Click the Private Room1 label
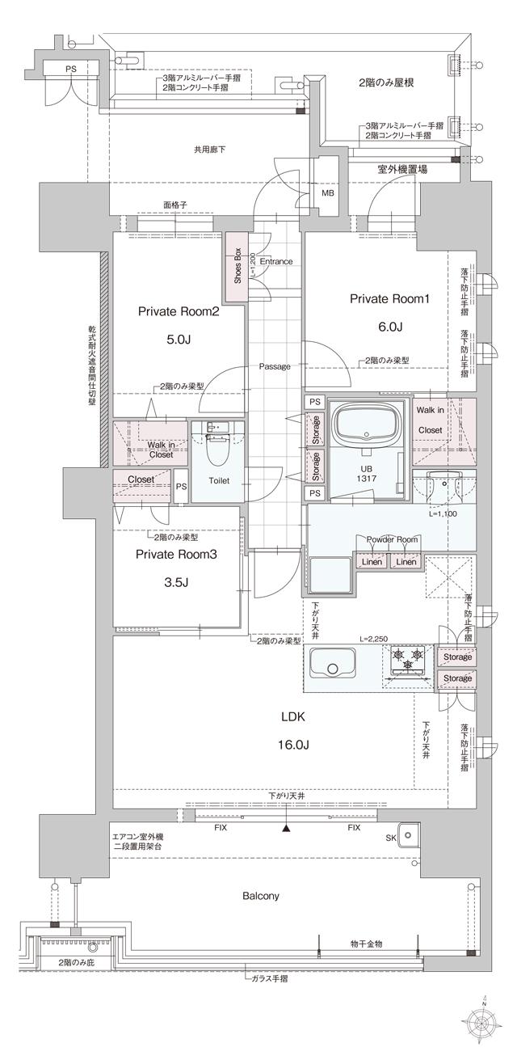(389, 298)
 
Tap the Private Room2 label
(179, 312)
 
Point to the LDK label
(292, 716)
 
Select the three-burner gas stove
(408, 658)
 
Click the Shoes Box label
(236, 264)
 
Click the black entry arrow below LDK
(286, 828)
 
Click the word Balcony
(261, 896)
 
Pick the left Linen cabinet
(371, 561)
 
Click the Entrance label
(275, 261)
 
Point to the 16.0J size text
(292, 744)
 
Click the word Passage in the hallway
(275, 366)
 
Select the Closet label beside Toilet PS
(142, 479)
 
